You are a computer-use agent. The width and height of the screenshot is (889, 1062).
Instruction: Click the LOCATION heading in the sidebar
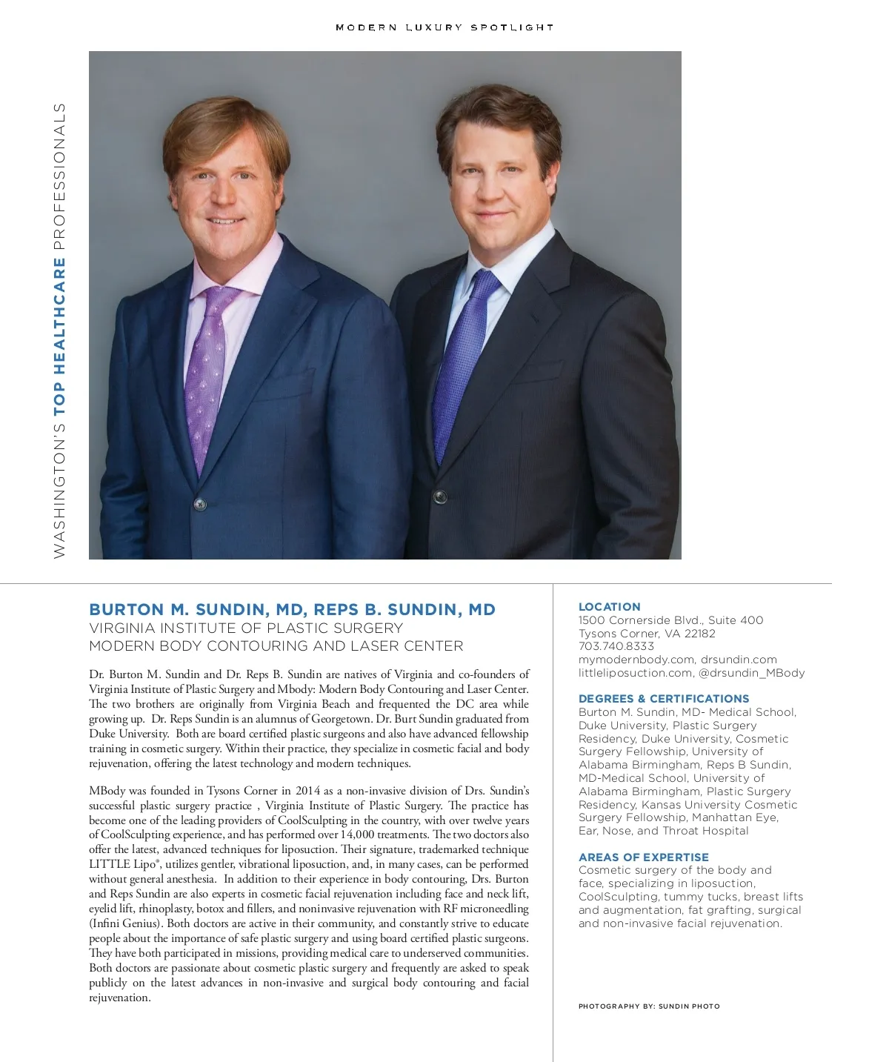coord(609,606)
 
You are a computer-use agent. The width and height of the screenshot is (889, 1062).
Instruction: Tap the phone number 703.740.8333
coord(616,646)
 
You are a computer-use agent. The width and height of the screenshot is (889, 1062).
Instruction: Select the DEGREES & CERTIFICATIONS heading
coord(663,698)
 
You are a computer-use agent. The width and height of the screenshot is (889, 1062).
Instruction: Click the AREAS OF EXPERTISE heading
coord(643,857)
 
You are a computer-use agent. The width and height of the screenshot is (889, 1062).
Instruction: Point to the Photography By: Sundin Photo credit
coord(648,1006)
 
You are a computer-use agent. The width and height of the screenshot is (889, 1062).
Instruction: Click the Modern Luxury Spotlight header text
coord(444,27)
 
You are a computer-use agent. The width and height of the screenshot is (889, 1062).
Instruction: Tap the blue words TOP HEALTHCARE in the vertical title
coord(59,336)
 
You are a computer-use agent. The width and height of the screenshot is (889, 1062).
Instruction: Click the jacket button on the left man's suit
coord(199,505)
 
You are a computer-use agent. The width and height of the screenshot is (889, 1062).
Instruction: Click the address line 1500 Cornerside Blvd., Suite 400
coord(670,620)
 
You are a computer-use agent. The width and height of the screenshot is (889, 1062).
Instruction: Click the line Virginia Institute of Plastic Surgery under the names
coord(245,628)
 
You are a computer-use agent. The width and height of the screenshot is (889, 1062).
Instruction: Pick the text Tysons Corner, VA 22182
coord(646,634)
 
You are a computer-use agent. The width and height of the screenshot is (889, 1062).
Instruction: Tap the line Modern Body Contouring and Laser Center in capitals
coord(276,646)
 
